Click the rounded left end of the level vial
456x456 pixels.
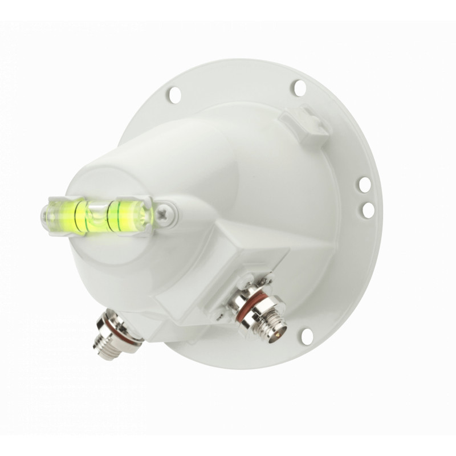point(45,215)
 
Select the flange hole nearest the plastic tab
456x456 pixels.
point(298,87)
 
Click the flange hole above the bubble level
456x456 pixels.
point(174,95)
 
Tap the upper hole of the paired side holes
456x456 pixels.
point(364,184)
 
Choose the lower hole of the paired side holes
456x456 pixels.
point(368,210)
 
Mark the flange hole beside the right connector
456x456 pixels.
point(307,336)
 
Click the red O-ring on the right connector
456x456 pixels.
point(247,301)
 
